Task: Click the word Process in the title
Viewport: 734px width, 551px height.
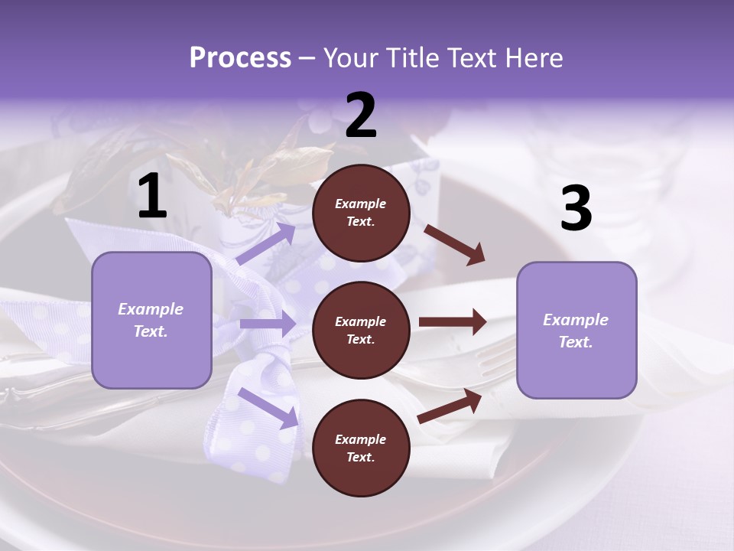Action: pyautogui.click(x=240, y=58)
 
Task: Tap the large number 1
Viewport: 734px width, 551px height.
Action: pyautogui.click(x=151, y=197)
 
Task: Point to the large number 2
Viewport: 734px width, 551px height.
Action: pyautogui.click(x=361, y=116)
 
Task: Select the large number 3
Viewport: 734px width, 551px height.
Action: pyautogui.click(x=576, y=209)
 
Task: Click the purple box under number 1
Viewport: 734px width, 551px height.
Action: pyautogui.click(x=151, y=320)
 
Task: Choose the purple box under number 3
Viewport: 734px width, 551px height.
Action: pyautogui.click(x=576, y=330)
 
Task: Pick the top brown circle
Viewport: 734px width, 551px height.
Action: pyautogui.click(x=361, y=213)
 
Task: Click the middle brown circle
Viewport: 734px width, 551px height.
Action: pyautogui.click(x=361, y=330)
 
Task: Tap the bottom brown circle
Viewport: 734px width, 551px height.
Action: pyautogui.click(x=361, y=448)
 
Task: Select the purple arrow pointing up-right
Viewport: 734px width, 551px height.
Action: pyautogui.click(x=265, y=244)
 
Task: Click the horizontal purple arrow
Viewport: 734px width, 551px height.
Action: pyautogui.click(x=268, y=324)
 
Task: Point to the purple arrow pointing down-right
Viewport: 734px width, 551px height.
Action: pyautogui.click(x=268, y=407)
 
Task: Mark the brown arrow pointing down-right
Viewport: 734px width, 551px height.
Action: pyautogui.click(x=454, y=244)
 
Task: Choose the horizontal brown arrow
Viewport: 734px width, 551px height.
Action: pyautogui.click(x=452, y=321)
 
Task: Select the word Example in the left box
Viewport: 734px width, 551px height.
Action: pyautogui.click(x=151, y=309)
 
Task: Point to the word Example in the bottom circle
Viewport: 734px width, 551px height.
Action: pyautogui.click(x=360, y=439)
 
